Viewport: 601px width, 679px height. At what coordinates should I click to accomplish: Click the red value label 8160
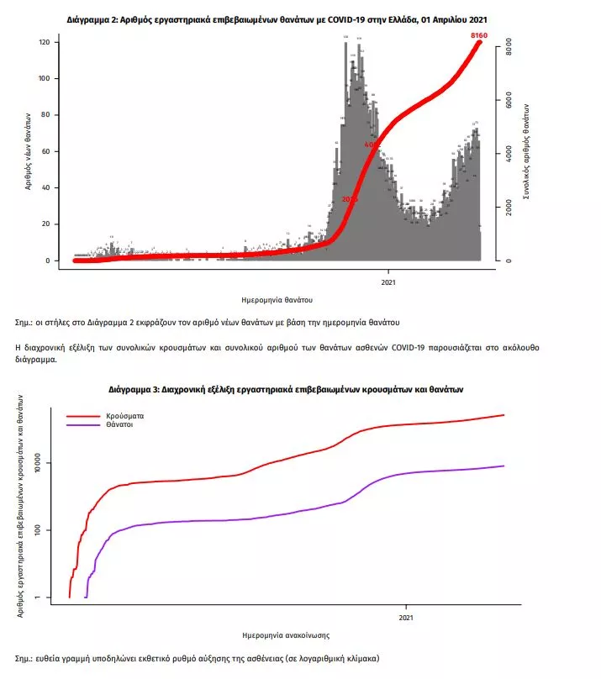pyautogui.click(x=478, y=35)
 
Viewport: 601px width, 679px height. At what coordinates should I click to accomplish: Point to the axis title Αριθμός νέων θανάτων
pyautogui.click(x=28, y=151)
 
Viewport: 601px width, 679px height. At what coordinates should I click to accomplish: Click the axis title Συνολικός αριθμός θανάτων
pyautogui.click(x=525, y=151)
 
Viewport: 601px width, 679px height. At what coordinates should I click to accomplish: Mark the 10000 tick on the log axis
pyautogui.click(x=38, y=463)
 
